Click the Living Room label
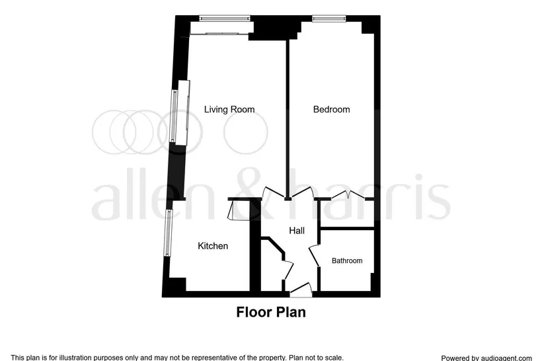pos(229,109)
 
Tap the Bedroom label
pos(331,109)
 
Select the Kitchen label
pos(213,246)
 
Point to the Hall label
pos(297,231)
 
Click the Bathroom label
pos(347,261)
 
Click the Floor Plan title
pos(271,312)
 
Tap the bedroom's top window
pos(329,19)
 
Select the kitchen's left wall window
pos(168,233)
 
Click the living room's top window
pos(225,19)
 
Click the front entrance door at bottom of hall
pos(301,290)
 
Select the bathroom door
pos(314,255)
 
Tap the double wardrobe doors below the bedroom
pos(348,195)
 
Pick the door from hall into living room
pos(274,193)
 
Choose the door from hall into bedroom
pos(302,192)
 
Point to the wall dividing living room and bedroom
pos(288,119)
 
